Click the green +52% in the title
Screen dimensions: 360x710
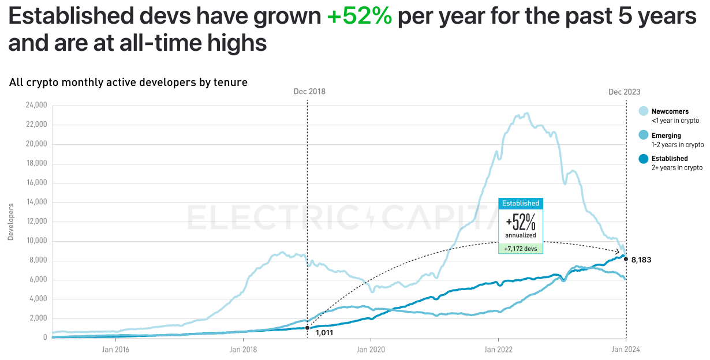[x=359, y=17]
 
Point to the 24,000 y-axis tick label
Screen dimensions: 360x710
[x=36, y=106]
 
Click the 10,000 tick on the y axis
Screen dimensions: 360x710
[x=36, y=241]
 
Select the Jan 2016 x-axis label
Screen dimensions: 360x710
[x=115, y=349]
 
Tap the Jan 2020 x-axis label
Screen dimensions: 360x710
[x=371, y=349]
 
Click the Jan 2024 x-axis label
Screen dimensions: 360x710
[x=626, y=349]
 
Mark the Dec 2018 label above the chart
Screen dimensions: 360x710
[x=309, y=92]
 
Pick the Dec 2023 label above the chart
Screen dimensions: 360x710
[x=624, y=92]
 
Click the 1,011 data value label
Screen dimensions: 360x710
[x=324, y=333]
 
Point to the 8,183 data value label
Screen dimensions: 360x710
[x=641, y=260]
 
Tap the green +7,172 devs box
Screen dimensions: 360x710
[x=520, y=248]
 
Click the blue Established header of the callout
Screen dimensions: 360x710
[x=520, y=203]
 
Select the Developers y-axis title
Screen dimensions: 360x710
[x=10, y=222]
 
